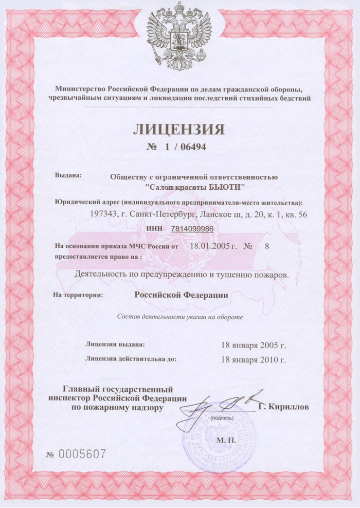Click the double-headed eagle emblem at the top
179,36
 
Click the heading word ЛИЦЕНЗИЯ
179,129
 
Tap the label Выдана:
68,175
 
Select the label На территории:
78,295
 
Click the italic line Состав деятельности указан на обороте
180,317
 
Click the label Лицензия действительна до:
131,359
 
